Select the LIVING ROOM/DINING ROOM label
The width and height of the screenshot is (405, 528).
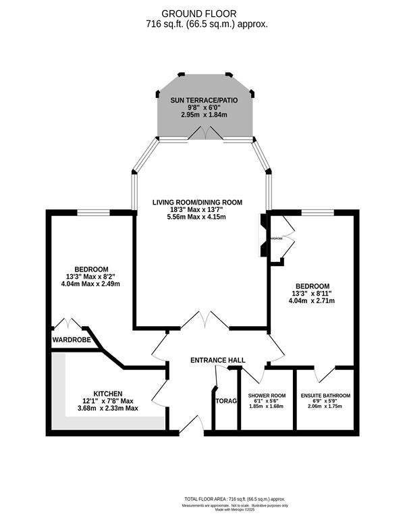coord(196,202)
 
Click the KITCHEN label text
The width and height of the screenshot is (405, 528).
coord(108,393)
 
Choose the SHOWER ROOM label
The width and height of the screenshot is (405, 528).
coord(267,395)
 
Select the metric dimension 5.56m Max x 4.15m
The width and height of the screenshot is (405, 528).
coord(196,217)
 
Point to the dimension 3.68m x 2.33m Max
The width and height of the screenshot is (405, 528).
coord(108,408)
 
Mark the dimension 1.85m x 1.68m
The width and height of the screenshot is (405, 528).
coord(267,406)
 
